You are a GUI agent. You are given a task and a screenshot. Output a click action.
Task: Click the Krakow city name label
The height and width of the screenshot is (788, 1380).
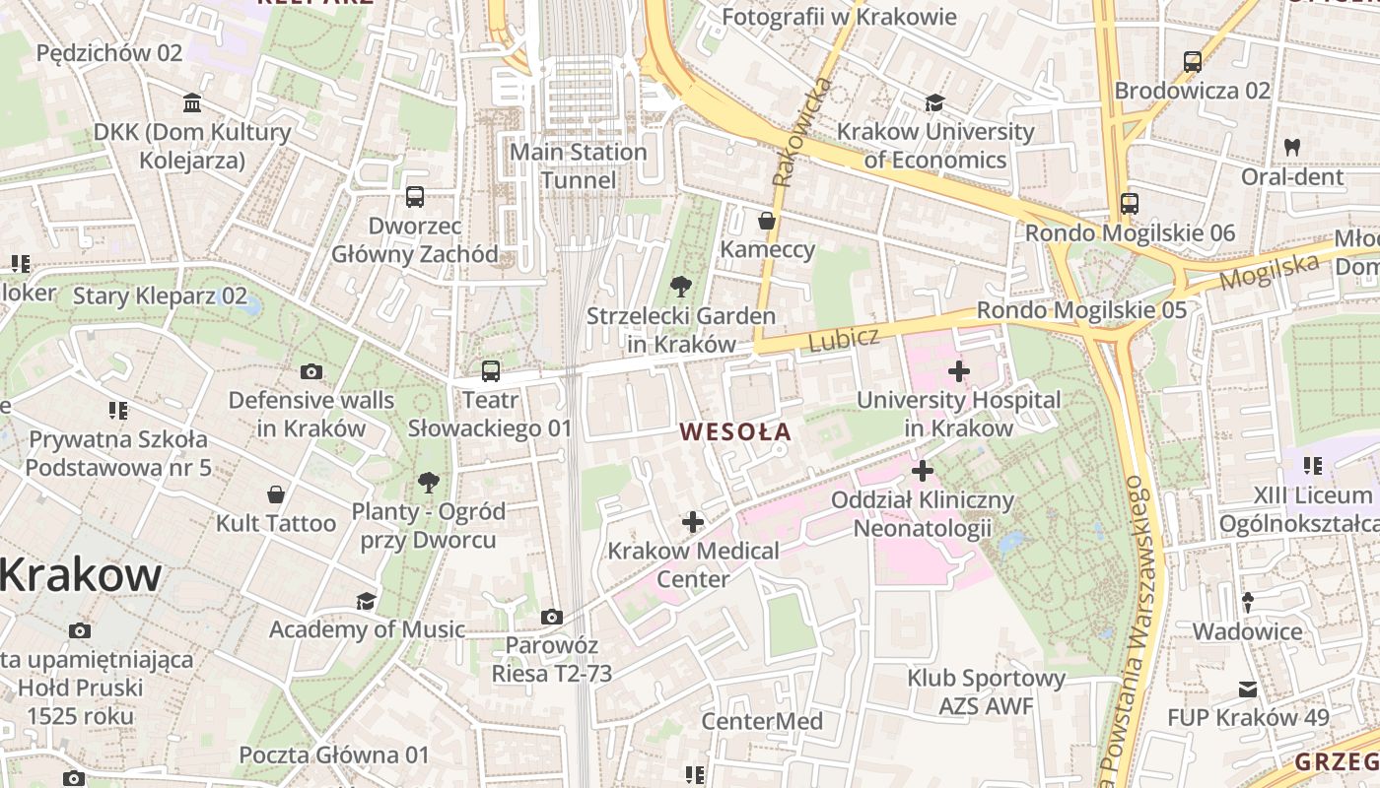81,574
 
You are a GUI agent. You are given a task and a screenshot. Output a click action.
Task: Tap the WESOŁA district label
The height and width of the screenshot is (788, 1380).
735,431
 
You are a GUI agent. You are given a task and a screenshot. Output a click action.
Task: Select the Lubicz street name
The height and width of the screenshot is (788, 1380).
843,339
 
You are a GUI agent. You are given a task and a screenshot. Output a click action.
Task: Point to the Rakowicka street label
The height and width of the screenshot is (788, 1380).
800,132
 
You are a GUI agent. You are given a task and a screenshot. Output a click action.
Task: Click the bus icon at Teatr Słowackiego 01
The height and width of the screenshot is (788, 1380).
490,371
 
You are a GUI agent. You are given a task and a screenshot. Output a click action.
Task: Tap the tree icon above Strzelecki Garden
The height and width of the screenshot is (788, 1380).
679,287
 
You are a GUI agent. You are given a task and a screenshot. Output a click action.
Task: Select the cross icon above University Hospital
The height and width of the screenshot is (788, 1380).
958,371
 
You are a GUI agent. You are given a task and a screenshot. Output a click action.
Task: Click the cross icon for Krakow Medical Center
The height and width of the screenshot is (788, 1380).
693,521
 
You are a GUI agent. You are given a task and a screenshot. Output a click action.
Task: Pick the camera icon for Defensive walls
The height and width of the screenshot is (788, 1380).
311,371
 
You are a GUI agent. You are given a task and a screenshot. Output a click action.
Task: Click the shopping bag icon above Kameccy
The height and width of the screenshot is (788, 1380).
766,220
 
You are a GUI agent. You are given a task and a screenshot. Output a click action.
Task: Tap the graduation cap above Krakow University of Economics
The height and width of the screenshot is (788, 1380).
933,102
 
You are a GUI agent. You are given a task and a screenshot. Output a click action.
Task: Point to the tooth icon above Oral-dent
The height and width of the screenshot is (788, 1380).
1291,147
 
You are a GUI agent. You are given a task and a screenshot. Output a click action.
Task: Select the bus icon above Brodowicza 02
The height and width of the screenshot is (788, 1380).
1192,61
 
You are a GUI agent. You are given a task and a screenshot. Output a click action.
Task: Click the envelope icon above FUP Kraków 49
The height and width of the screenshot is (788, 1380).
1248,689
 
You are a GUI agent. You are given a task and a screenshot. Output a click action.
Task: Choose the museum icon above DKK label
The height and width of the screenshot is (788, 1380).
192,102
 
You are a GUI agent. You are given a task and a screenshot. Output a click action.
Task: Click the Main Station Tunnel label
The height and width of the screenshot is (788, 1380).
579,165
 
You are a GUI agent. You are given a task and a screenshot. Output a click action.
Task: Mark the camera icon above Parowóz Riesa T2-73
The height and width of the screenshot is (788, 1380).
552,617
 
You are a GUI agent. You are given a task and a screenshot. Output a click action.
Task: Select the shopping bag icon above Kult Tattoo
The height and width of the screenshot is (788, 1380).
276,493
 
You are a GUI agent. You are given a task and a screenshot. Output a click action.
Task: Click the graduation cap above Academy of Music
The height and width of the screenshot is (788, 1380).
366,600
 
